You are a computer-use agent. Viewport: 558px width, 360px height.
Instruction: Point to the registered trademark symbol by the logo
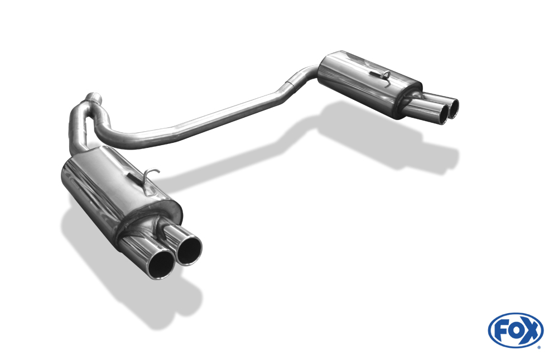coord(538,347)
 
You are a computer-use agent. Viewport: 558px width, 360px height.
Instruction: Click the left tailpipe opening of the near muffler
coord(161,265)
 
